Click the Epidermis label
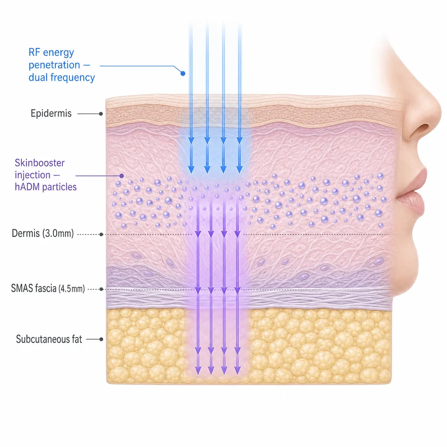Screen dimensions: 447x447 point(51,113)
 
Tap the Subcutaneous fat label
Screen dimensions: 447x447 point(49,339)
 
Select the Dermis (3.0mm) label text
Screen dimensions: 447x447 point(43,234)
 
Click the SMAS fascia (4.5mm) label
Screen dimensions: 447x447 point(48,289)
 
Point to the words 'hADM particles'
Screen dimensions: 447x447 point(45,187)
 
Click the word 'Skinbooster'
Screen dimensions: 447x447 point(40,163)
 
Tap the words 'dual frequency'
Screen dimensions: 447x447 point(62,78)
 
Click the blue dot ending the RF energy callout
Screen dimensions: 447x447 point(183,73)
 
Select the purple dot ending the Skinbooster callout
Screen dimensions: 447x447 point(121,175)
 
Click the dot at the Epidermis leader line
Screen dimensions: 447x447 point(101,114)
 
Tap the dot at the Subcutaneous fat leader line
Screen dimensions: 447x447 point(101,339)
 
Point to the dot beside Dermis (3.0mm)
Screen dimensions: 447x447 point(101,234)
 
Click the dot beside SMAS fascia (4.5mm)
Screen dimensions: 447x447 point(101,289)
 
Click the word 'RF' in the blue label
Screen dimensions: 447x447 point(34,52)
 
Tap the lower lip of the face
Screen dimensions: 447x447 point(410,203)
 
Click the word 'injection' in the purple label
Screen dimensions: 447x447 point(32,175)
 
